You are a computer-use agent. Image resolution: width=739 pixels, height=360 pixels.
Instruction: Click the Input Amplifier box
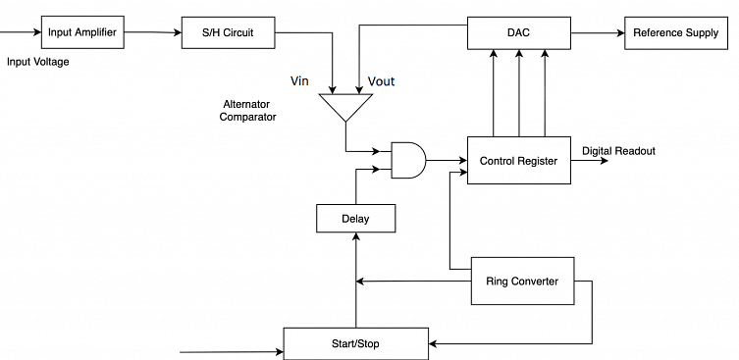[82, 32]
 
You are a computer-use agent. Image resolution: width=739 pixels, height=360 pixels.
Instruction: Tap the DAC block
[518, 32]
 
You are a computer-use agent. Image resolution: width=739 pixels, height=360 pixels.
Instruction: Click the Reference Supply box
[675, 32]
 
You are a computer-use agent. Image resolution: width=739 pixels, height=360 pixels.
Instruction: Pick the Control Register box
[518, 161]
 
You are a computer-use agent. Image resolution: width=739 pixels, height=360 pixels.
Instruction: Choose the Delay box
[355, 218]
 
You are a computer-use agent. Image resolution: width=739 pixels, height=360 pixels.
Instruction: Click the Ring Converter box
[522, 282]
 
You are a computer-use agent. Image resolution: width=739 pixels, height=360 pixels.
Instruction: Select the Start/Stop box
[356, 342]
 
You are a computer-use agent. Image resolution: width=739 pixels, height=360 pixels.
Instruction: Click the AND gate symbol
[408, 160]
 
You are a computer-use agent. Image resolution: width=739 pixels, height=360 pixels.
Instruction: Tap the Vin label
[301, 80]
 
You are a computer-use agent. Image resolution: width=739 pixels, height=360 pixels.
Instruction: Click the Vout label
[381, 81]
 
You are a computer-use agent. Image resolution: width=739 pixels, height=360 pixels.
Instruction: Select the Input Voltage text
[38, 62]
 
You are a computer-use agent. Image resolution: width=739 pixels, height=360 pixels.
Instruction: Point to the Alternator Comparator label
[248, 110]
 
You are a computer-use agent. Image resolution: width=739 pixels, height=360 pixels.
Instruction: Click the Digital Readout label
[618, 151]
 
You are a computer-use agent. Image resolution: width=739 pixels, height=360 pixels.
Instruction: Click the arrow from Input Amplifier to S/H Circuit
[152, 33]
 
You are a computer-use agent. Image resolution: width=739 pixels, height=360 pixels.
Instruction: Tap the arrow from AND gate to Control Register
[447, 160]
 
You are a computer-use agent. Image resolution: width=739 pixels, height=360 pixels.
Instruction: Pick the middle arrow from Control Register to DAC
[518, 92]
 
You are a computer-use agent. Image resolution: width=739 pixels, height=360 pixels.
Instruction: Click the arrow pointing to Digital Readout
[589, 161]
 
